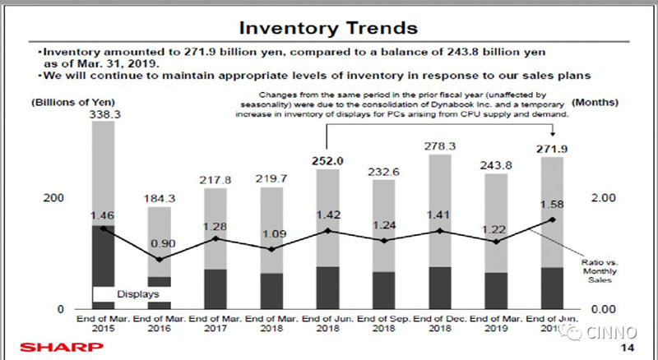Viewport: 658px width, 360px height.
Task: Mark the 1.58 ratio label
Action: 553,203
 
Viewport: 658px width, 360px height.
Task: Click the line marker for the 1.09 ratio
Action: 272,249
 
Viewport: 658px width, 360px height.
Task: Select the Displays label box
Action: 137,293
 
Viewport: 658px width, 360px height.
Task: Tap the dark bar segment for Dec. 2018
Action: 441,288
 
